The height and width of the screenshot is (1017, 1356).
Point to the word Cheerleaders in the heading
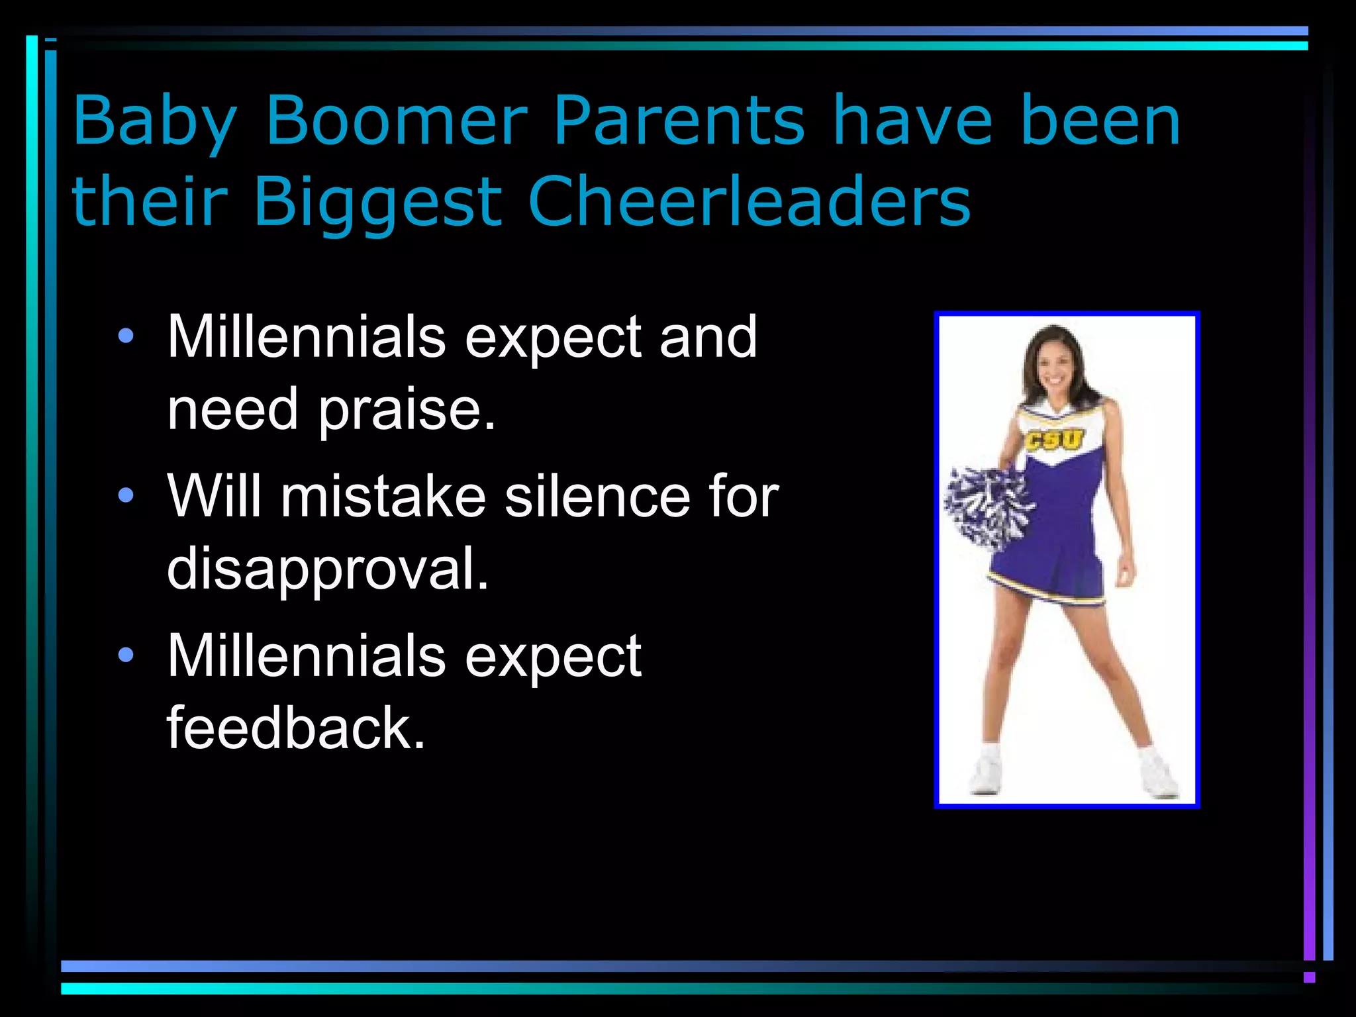749,201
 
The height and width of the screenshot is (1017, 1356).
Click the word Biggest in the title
377,203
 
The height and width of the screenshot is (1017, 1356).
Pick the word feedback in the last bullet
295,728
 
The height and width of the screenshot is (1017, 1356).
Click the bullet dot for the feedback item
126,655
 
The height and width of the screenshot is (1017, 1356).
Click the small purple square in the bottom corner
1309,977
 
